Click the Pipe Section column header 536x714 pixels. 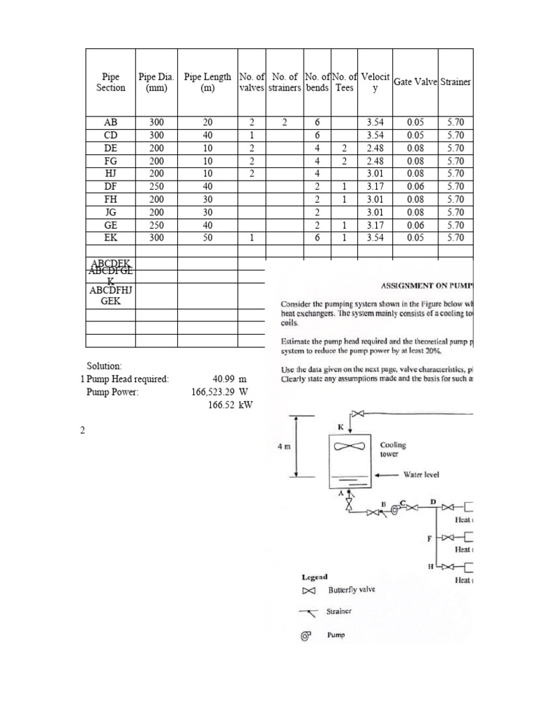click(110, 82)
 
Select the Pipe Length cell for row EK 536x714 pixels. click(207, 238)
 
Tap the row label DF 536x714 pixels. click(110, 186)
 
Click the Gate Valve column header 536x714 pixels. click(415, 82)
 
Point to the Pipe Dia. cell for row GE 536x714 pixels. click(156, 225)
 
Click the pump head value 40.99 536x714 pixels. click(225, 379)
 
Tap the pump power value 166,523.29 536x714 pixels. click(213, 392)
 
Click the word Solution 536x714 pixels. click(104, 366)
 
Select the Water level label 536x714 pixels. click(421, 474)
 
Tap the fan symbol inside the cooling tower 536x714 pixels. click(352, 447)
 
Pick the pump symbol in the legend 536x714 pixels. click(305, 635)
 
